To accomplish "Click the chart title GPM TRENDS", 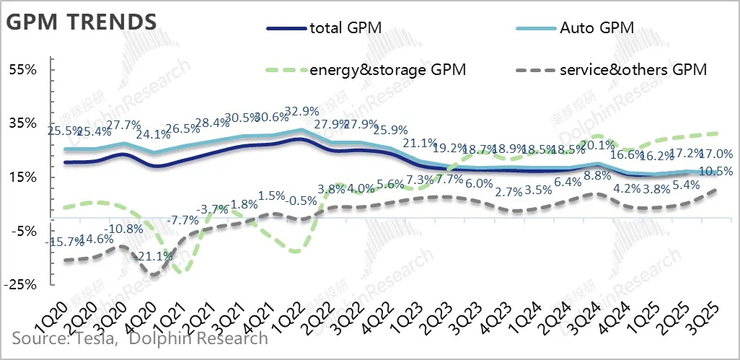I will [x=81, y=22].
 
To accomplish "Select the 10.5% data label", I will [x=716, y=172].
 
